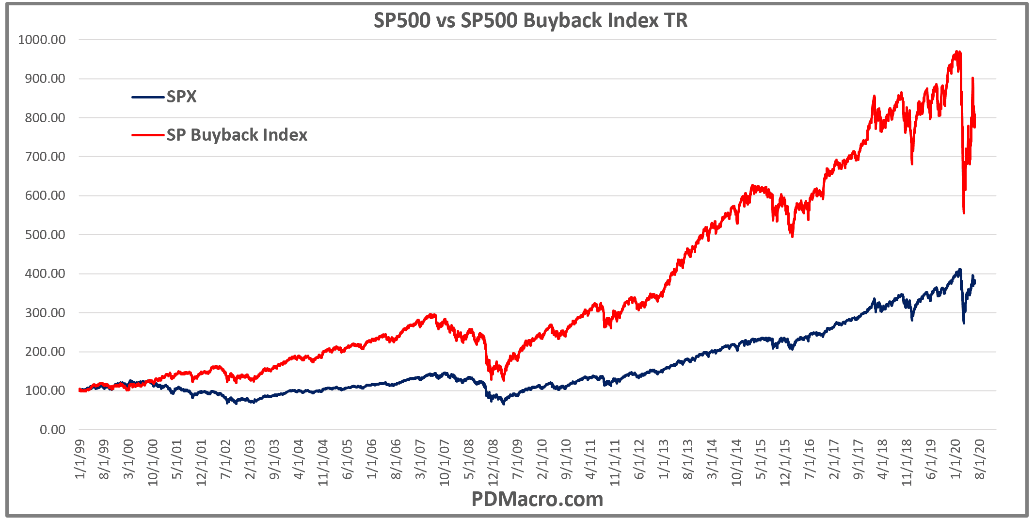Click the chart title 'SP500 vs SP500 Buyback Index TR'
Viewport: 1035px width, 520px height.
[x=530, y=20]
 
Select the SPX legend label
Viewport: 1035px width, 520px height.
[x=181, y=97]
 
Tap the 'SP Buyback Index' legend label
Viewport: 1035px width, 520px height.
[x=237, y=135]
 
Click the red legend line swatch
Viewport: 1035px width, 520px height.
[x=147, y=135]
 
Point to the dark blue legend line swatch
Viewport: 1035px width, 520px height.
[x=147, y=97]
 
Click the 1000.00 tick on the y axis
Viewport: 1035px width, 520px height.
[x=42, y=40]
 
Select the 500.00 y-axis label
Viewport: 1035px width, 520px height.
[x=45, y=235]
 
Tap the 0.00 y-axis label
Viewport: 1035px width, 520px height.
[x=52, y=430]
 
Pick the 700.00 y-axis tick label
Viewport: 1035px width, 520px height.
[x=45, y=157]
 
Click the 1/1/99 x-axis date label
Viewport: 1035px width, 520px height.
[x=80, y=459]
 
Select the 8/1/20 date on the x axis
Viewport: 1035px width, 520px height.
[x=979, y=459]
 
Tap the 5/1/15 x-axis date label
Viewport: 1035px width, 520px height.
[x=761, y=459]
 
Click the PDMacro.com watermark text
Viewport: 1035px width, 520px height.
[x=537, y=499]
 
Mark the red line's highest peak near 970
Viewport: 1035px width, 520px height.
[x=956, y=51]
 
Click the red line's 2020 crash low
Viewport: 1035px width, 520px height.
[x=964, y=212]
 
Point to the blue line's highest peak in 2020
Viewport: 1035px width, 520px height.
[x=959, y=269]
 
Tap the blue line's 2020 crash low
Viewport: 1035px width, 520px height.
[x=964, y=323]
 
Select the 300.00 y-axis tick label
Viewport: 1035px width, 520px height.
[x=45, y=313]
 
